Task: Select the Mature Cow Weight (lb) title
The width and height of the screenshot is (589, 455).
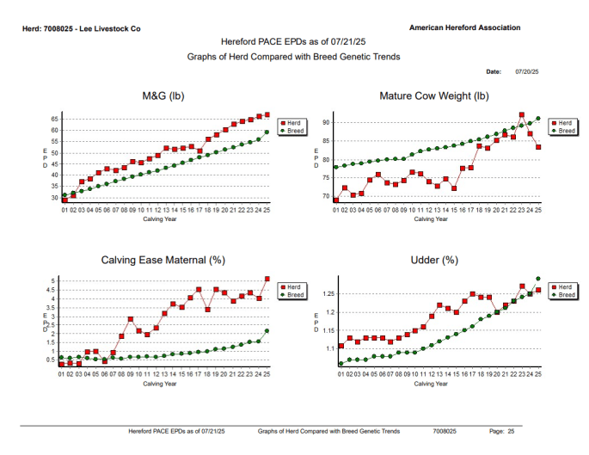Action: pyautogui.click(x=433, y=95)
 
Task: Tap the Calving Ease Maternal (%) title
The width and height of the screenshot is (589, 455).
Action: pyautogui.click(x=163, y=259)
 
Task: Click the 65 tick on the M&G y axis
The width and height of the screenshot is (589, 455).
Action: pyautogui.click(x=54, y=119)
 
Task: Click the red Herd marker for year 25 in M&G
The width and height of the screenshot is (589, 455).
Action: pyautogui.click(x=267, y=114)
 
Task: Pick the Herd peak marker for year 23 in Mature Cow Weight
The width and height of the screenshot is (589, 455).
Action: pyautogui.click(x=522, y=114)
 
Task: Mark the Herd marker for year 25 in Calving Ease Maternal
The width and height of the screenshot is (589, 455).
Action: pyautogui.click(x=267, y=279)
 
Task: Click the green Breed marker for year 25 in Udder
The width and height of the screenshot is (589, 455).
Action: pyautogui.click(x=538, y=279)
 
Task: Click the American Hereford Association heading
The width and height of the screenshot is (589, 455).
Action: pyautogui.click(x=464, y=28)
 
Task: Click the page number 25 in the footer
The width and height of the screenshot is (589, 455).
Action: pyautogui.click(x=511, y=430)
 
